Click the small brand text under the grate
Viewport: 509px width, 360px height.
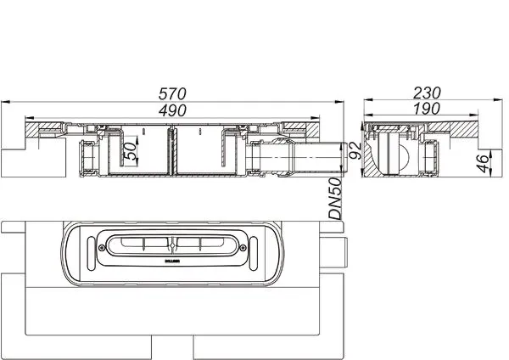click(x=173, y=262)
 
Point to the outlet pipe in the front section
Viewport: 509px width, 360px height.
click(x=305, y=157)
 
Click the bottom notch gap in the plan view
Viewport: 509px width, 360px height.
click(x=173, y=347)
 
